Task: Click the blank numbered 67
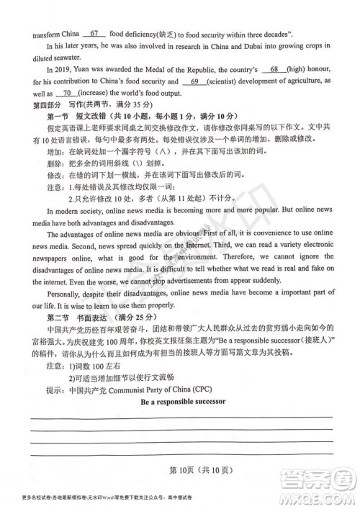[93, 32]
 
